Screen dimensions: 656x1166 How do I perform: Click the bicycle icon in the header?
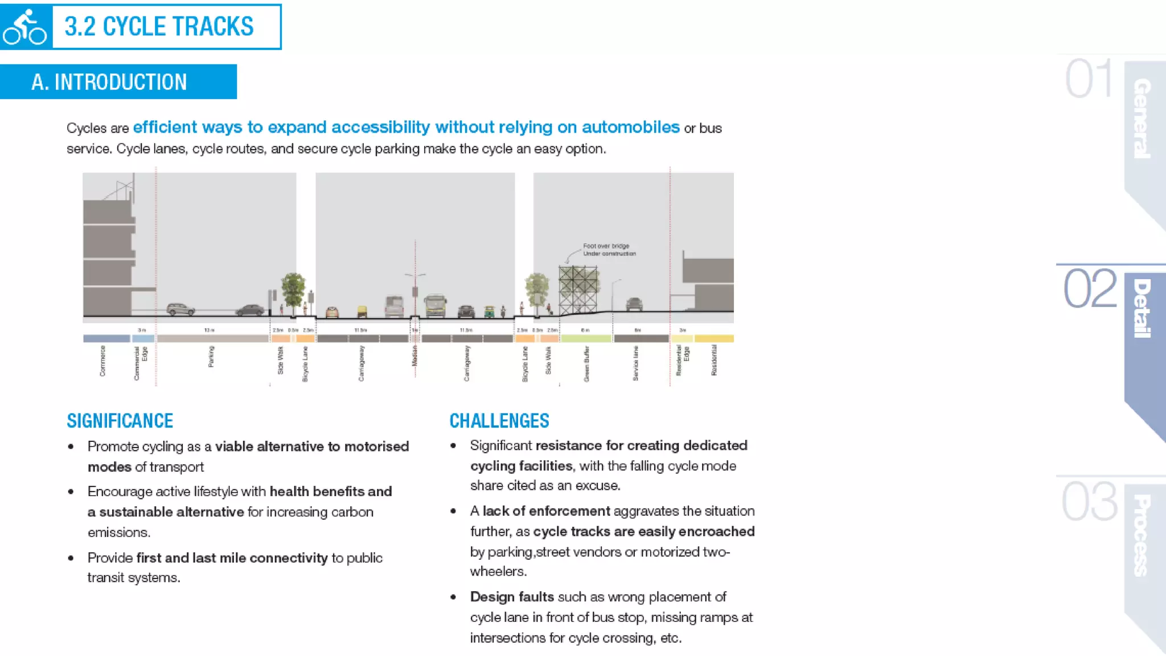24,27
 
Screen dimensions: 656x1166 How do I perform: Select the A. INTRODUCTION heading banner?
118,82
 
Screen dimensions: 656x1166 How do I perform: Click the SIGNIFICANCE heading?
120,421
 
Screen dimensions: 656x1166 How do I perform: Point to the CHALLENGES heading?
499,421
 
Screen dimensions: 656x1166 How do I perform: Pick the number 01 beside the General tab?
1088,79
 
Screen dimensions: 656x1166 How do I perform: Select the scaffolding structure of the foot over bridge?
578,289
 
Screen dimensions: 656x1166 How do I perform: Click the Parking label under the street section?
211,356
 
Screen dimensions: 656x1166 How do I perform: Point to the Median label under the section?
414,356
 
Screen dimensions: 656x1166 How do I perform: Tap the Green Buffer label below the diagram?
586,363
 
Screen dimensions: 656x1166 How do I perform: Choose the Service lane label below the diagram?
636,363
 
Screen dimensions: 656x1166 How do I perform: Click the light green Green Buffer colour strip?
586,338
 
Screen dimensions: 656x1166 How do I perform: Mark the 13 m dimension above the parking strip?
209,330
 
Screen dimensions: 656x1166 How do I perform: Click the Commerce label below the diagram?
102,360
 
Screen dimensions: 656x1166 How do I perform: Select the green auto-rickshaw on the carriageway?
489,311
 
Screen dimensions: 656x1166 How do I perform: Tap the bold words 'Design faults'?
512,597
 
